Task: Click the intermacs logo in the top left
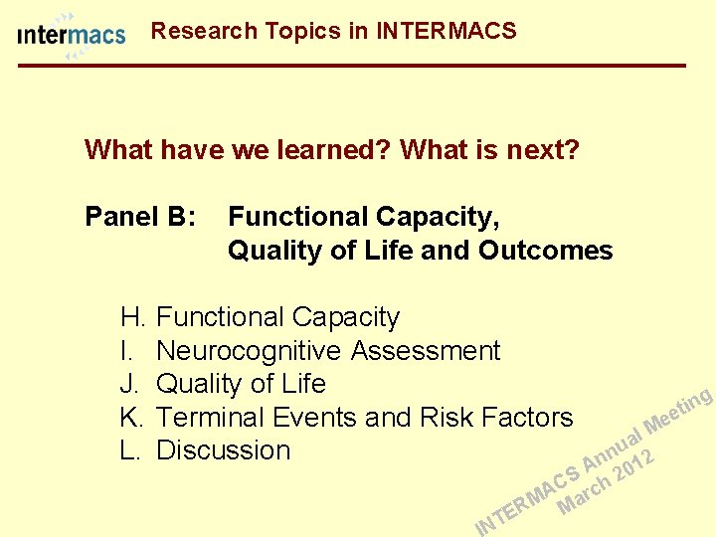pyautogui.click(x=72, y=36)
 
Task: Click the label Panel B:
pyautogui.click(x=140, y=216)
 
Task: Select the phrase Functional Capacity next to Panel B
pyautogui.click(x=364, y=216)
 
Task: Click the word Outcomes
pyautogui.click(x=545, y=250)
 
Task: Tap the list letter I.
pyautogui.click(x=126, y=351)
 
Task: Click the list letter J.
pyautogui.click(x=130, y=384)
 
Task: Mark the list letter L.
pyautogui.click(x=130, y=449)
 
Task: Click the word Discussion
pyautogui.click(x=224, y=449)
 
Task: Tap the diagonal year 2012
pyautogui.click(x=634, y=464)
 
